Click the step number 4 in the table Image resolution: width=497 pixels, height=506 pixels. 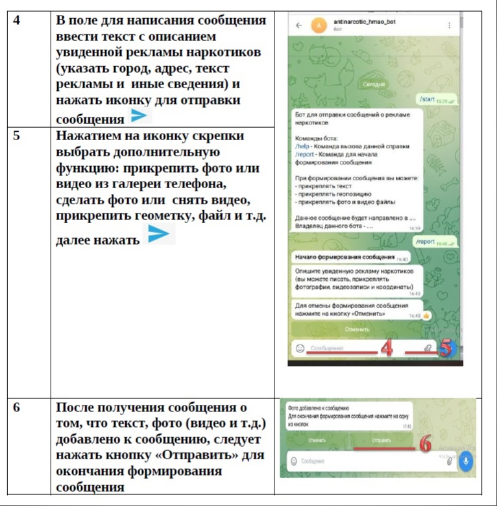tap(16, 20)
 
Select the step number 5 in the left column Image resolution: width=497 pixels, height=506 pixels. tap(16, 136)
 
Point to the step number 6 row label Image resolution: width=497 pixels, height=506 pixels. tap(16, 408)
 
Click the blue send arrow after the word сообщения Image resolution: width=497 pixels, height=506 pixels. tap(139, 117)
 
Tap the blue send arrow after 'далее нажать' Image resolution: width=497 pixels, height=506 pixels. tap(159, 234)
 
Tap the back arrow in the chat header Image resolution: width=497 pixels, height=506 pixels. tap(298, 25)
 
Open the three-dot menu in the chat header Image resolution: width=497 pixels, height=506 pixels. tap(450, 25)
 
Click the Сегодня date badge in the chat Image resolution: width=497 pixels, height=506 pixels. tap(374, 84)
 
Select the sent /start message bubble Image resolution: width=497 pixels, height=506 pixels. tap(437, 99)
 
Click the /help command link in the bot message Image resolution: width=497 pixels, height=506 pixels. tap(300, 147)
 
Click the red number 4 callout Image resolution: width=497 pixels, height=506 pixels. tap(387, 348)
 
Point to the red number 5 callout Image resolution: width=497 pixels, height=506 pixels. tap(446, 348)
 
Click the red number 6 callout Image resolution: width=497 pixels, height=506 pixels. tap(426, 444)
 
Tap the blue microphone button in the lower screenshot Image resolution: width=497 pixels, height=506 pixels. tap(465, 461)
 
